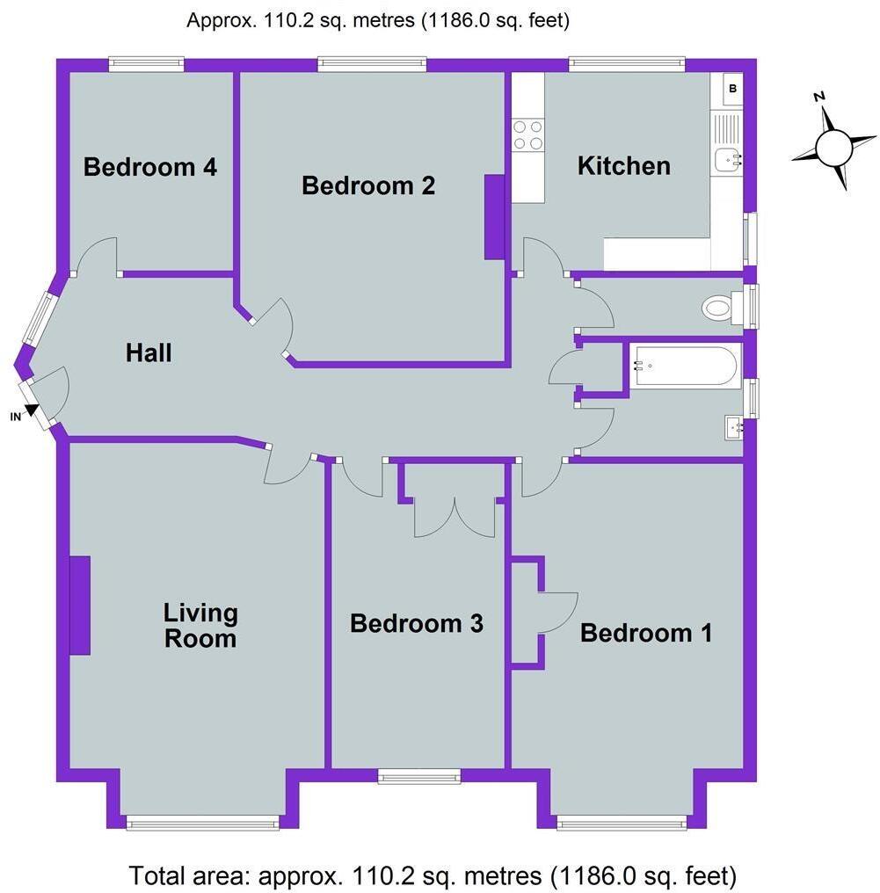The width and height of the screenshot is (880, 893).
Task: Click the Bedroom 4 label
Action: [150, 166]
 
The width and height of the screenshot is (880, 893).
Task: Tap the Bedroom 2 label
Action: [368, 185]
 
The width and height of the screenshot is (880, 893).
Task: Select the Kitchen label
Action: [623, 165]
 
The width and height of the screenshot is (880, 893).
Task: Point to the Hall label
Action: [149, 353]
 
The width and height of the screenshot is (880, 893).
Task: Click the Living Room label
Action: [200, 625]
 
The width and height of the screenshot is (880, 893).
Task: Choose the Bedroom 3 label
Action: [417, 623]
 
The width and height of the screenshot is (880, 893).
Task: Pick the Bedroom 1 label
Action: [646, 632]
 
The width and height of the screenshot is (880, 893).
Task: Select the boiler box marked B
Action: [732, 89]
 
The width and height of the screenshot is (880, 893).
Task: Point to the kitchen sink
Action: [728, 158]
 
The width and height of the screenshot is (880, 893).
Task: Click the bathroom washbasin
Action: [731, 428]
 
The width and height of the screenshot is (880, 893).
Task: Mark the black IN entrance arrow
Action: [33, 409]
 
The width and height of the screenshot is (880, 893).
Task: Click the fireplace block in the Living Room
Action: [79, 605]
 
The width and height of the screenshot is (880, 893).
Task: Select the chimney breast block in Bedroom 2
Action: [495, 216]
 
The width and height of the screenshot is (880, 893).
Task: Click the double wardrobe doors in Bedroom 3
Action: [455, 517]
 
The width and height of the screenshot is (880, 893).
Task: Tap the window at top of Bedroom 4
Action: [147, 63]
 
